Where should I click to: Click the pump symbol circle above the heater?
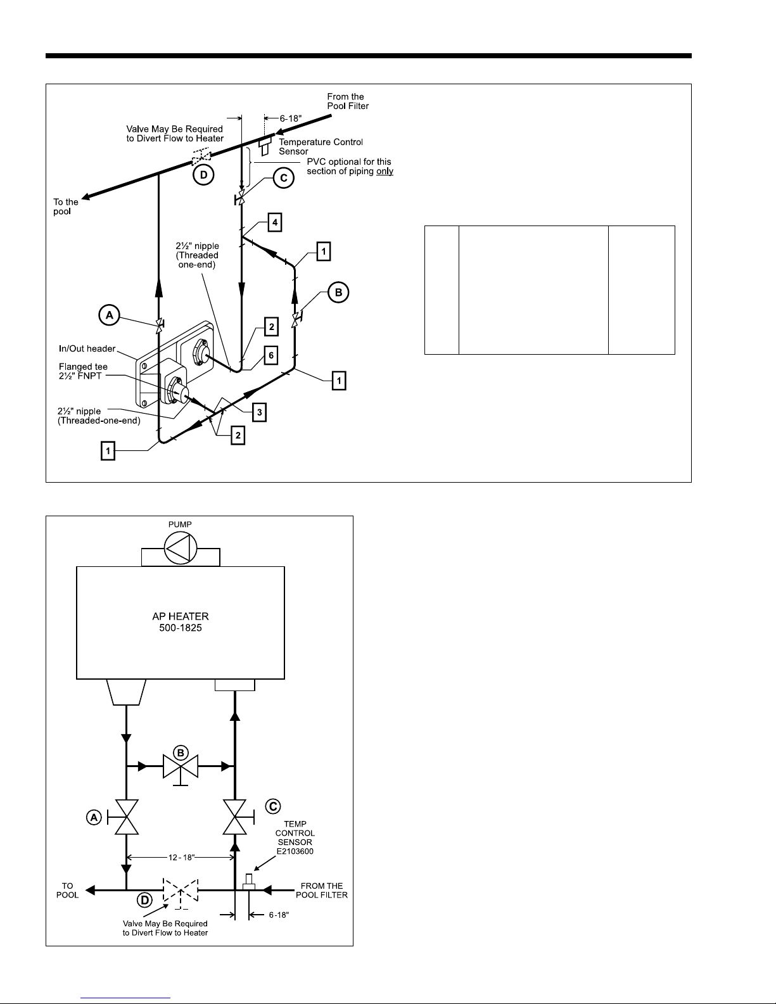pyautogui.click(x=181, y=549)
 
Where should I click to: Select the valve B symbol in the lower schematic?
pyautogui.click(x=181, y=766)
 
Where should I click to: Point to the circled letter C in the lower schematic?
pyautogui.click(x=273, y=806)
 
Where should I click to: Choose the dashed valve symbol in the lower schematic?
pyautogui.click(x=181, y=891)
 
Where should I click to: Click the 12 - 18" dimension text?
pyautogui.click(x=181, y=858)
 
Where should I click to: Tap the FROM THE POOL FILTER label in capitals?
pyautogui.click(x=322, y=891)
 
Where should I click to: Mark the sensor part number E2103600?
pyautogui.click(x=295, y=851)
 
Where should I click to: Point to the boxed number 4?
pyautogui.click(x=274, y=223)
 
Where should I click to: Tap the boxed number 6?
pyautogui.click(x=270, y=356)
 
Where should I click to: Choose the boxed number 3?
pyautogui.click(x=258, y=413)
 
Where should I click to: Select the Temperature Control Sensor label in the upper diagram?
pyautogui.click(x=321, y=146)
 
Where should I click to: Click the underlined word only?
pyautogui.click(x=385, y=171)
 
